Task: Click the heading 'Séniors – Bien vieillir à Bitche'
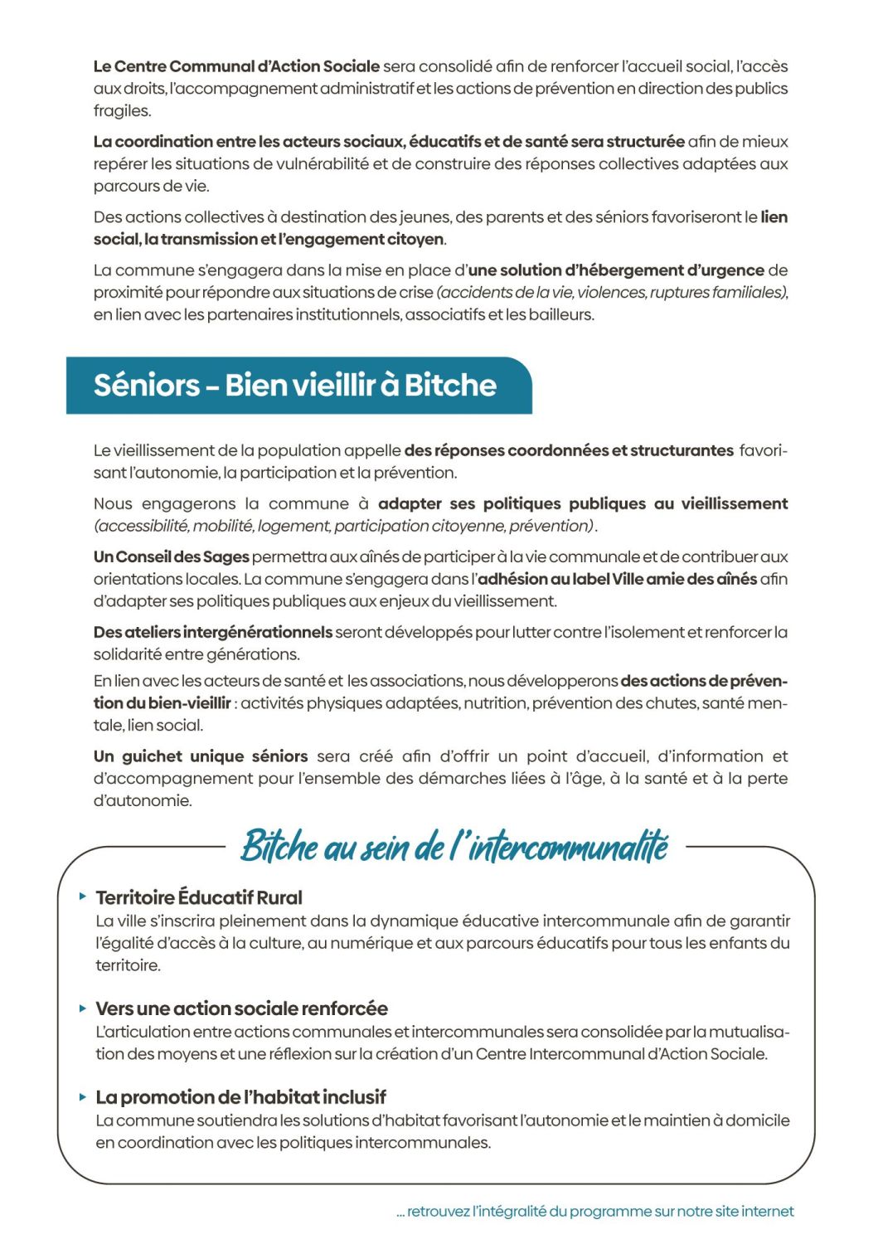pyautogui.click(x=294, y=386)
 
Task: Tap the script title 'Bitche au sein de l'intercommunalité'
pyautogui.click(x=454, y=847)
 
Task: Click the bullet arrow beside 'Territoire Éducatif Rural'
pyautogui.click(x=83, y=897)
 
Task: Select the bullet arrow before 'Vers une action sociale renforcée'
pyautogui.click(x=83, y=1008)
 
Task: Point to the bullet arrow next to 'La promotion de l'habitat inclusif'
pyautogui.click(x=83, y=1096)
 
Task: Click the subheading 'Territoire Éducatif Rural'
pyautogui.click(x=199, y=897)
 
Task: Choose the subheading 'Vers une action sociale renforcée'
pyautogui.click(x=241, y=1008)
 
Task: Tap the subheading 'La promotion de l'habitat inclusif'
pyautogui.click(x=240, y=1097)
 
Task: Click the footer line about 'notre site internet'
pyautogui.click(x=595, y=1212)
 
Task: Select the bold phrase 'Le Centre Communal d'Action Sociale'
pyautogui.click(x=236, y=66)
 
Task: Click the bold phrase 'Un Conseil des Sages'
pyautogui.click(x=171, y=556)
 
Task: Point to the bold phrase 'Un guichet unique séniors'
pyautogui.click(x=201, y=756)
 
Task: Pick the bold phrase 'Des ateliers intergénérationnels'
pyautogui.click(x=212, y=632)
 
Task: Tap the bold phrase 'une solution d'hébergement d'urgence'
pyautogui.click(x=616, y=270)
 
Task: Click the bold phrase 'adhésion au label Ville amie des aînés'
pyautogui.click(x=618, y=579)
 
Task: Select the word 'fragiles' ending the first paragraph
pyautogui.click(x=121, y=111)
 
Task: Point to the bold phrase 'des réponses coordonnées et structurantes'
pyautogui.click(x=569, y=451)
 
